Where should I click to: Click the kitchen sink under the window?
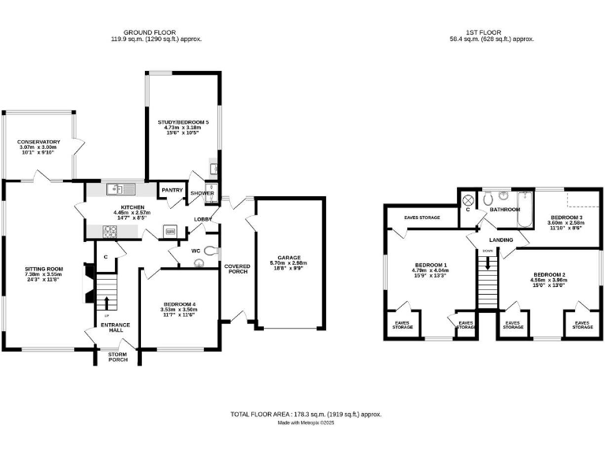pos(119,188)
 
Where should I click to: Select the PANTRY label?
pos(172,190)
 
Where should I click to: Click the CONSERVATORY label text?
pos(39,142)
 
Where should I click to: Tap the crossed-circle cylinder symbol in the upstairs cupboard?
pos(467,199)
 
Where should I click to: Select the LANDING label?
pos(501,240)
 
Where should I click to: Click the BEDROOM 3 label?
pos(566,217)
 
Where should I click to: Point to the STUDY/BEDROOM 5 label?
pos(183,122)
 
